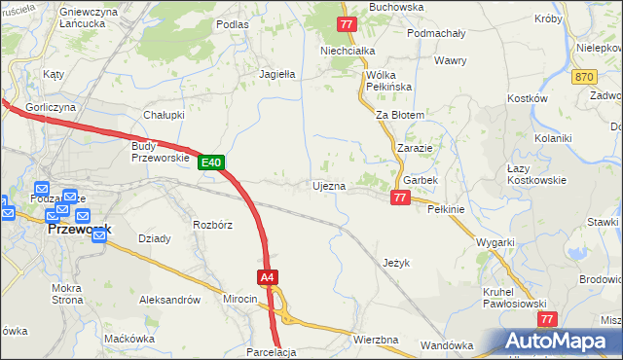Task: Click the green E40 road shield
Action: coord(214,162)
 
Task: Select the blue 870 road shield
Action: coord(584,76)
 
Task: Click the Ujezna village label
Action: coord(328,185)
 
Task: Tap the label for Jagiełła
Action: coord(277,73)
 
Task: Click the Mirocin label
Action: coord(239,299)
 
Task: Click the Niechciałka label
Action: coord(341,51)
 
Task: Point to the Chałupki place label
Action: coord(165,114)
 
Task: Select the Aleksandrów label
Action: coord(169,300)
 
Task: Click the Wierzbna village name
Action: coord(376,340)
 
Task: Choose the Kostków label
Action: coord(530,98)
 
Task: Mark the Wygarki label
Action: coord(495,242)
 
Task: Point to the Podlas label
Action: coord(233,24)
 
